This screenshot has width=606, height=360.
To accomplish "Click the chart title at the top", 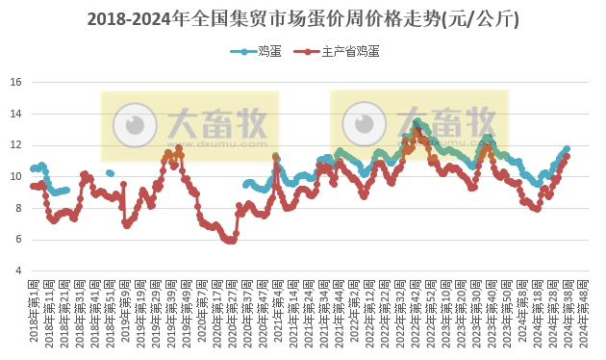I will click(x=303, y=18).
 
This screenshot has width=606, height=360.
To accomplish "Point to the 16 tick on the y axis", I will click(x=16, y=82).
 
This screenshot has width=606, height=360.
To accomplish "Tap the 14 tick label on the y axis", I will click(x=16, y=114).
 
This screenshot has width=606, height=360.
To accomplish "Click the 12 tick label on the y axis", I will click(x=16, y=145).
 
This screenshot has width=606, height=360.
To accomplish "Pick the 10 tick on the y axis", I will click(x=16, y=176).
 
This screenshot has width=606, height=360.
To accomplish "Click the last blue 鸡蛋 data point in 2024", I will click(x=567, y=149).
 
